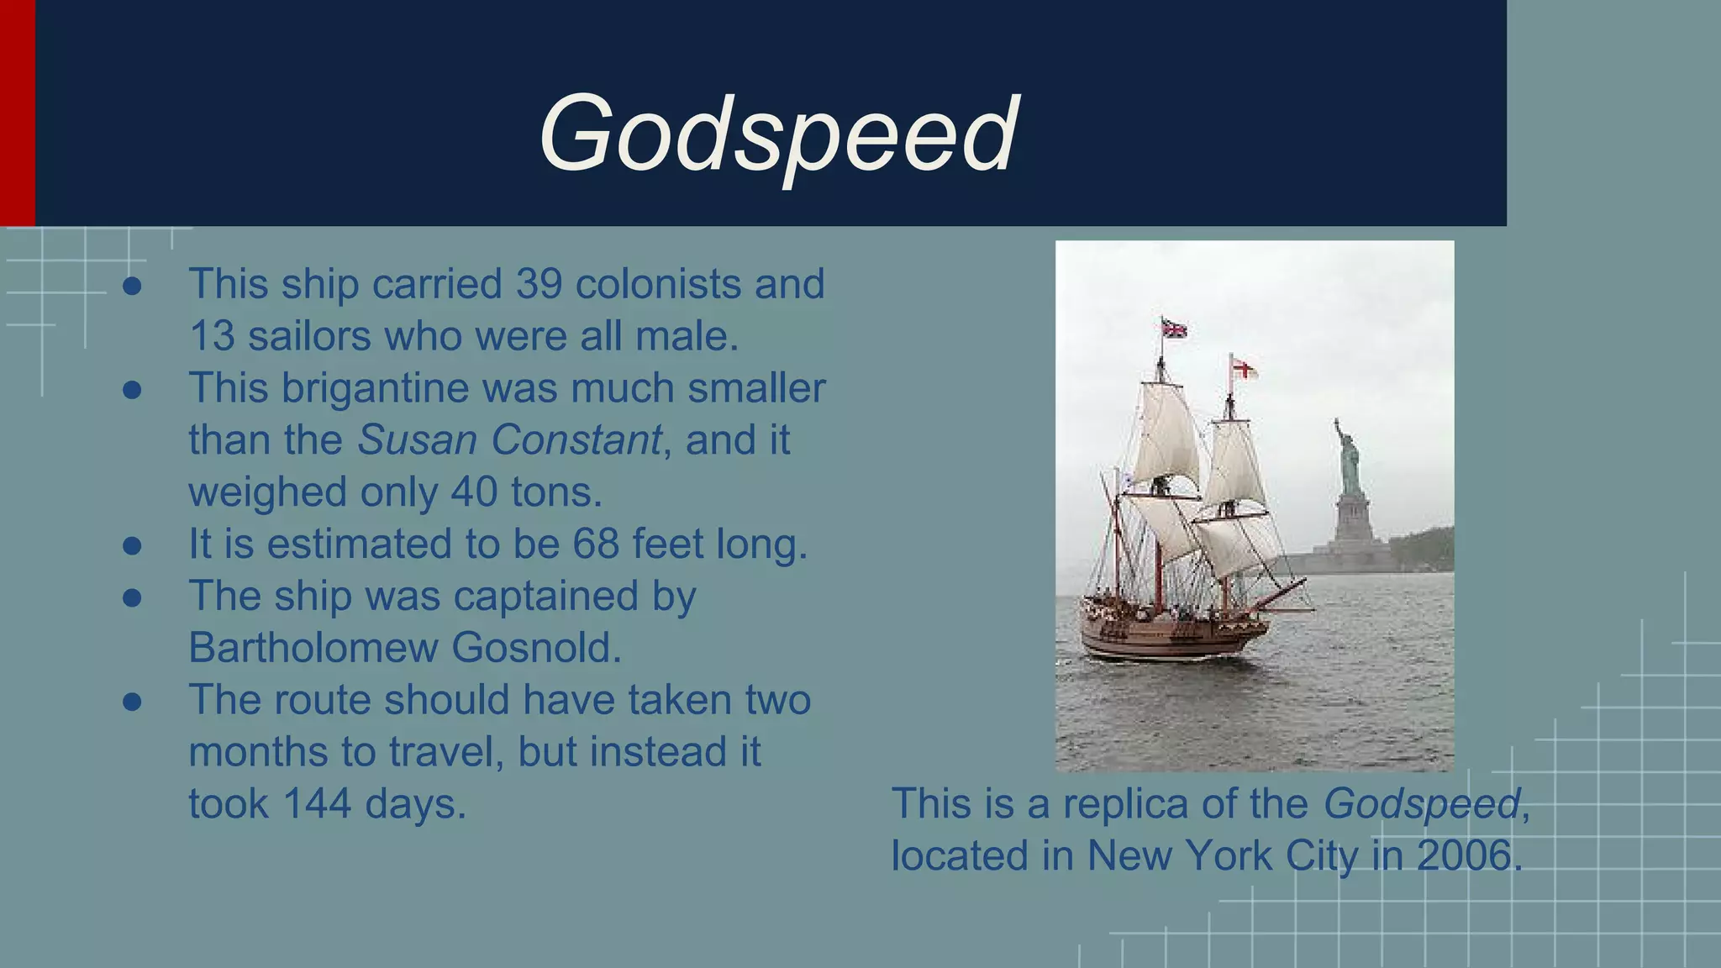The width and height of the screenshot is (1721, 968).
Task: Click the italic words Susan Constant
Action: (509, 440)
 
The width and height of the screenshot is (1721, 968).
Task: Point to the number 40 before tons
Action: (475, 492)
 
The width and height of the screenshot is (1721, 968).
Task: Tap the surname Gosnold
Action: (536, 648)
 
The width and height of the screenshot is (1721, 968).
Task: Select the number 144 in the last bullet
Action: (317, 803)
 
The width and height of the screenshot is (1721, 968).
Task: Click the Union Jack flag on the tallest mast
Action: (1174, 328)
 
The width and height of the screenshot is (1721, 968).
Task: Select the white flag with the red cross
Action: (1244, 368)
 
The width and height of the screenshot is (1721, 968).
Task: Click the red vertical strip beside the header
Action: (17, 113)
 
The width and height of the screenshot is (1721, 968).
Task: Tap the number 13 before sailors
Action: (212, 336)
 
